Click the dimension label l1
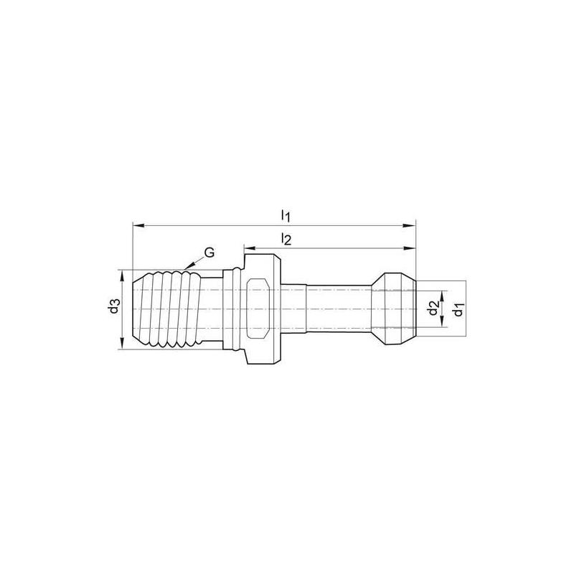click(285, 215)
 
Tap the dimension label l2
click(285, 240)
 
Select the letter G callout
click(210, 252)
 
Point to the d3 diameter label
click(113, 309)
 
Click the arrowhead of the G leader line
click(186, 268)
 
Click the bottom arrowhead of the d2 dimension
click(442, 325)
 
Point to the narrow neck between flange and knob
click(337, 309)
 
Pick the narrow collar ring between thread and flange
click(232, 309)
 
